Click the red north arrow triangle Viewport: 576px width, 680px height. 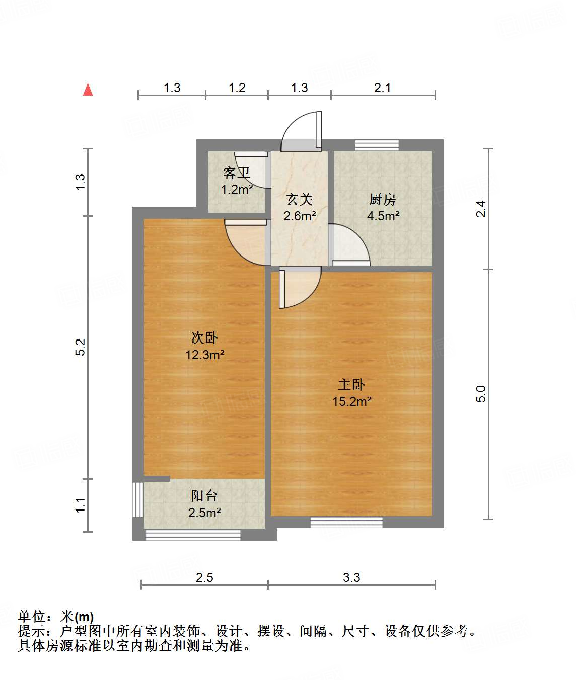point(88,90)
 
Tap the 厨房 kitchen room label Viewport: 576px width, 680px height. point(383,200)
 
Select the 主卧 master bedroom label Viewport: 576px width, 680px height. point(351,385)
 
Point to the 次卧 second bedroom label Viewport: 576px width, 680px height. point(204,337)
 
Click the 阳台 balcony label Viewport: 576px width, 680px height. point(204,496)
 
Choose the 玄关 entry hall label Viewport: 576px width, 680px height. point(300,200)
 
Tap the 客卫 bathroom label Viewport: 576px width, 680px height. point(237,174)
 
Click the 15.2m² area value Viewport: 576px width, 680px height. point(351,401)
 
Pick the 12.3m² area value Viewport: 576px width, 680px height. point(204,355)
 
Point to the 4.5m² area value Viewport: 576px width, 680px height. point(383,216)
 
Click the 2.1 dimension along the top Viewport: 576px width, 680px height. point(383,88)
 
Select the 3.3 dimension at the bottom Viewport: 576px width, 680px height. point(351,577)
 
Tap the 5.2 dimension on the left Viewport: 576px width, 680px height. point(81,347)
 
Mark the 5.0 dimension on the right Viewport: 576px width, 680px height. point(481,394)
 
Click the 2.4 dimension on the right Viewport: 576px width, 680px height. point(481,209)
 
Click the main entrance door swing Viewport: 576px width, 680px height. point(301,132)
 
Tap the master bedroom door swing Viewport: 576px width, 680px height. point(300,288)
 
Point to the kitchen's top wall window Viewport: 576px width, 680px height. point(377,145)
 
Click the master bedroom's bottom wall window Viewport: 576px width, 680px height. point(346,522)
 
